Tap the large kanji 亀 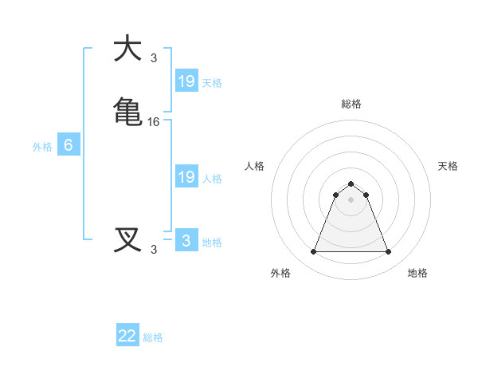pyautogui.click(x=128, y=111)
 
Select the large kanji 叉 pyautogui.click(x=128, y=239)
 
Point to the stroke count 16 pyautogui.click(x=154, y=121)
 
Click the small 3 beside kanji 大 pyautogui.click(x=154, y=58)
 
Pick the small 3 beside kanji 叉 pyautogui.click(x=154, y=250)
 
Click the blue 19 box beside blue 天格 pyautogui.click(x=186, y=81)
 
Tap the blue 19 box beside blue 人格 pyautogui.click(x=186, y=177)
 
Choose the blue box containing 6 pyautogui.click(x=69, y=145)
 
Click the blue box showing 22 pyautogui.click(x=127, y=336)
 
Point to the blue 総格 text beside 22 pyautogui.click(x=154, y=337)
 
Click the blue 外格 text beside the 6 pyautogui.click(x=42, y=147)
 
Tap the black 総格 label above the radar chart pyautogui.click(x=351, y=104)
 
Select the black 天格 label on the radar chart pyautogui.click(x=448, y=166)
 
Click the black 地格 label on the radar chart pyautogui.click(x=417, y=273)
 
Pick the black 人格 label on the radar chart pyautogui.click(x=255, y=166)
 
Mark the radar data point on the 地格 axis pyautogui.click(x=388, y=252)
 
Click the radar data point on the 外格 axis pyautogui.click(x=313, y=252)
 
